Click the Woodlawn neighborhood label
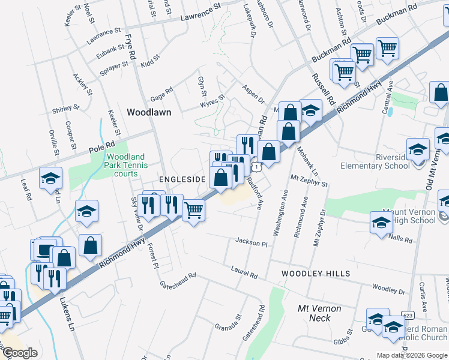coord(149,112)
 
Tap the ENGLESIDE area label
coord(182,179)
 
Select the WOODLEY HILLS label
coord(316,274)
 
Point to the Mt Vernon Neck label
coord(320,313)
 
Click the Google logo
coord(20,353)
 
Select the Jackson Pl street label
coord(251,242)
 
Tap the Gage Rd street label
coord(161,94)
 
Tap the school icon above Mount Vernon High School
coord(381,223)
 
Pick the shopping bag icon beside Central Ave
coord(441,93)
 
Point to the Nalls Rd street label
coord(400,239)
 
